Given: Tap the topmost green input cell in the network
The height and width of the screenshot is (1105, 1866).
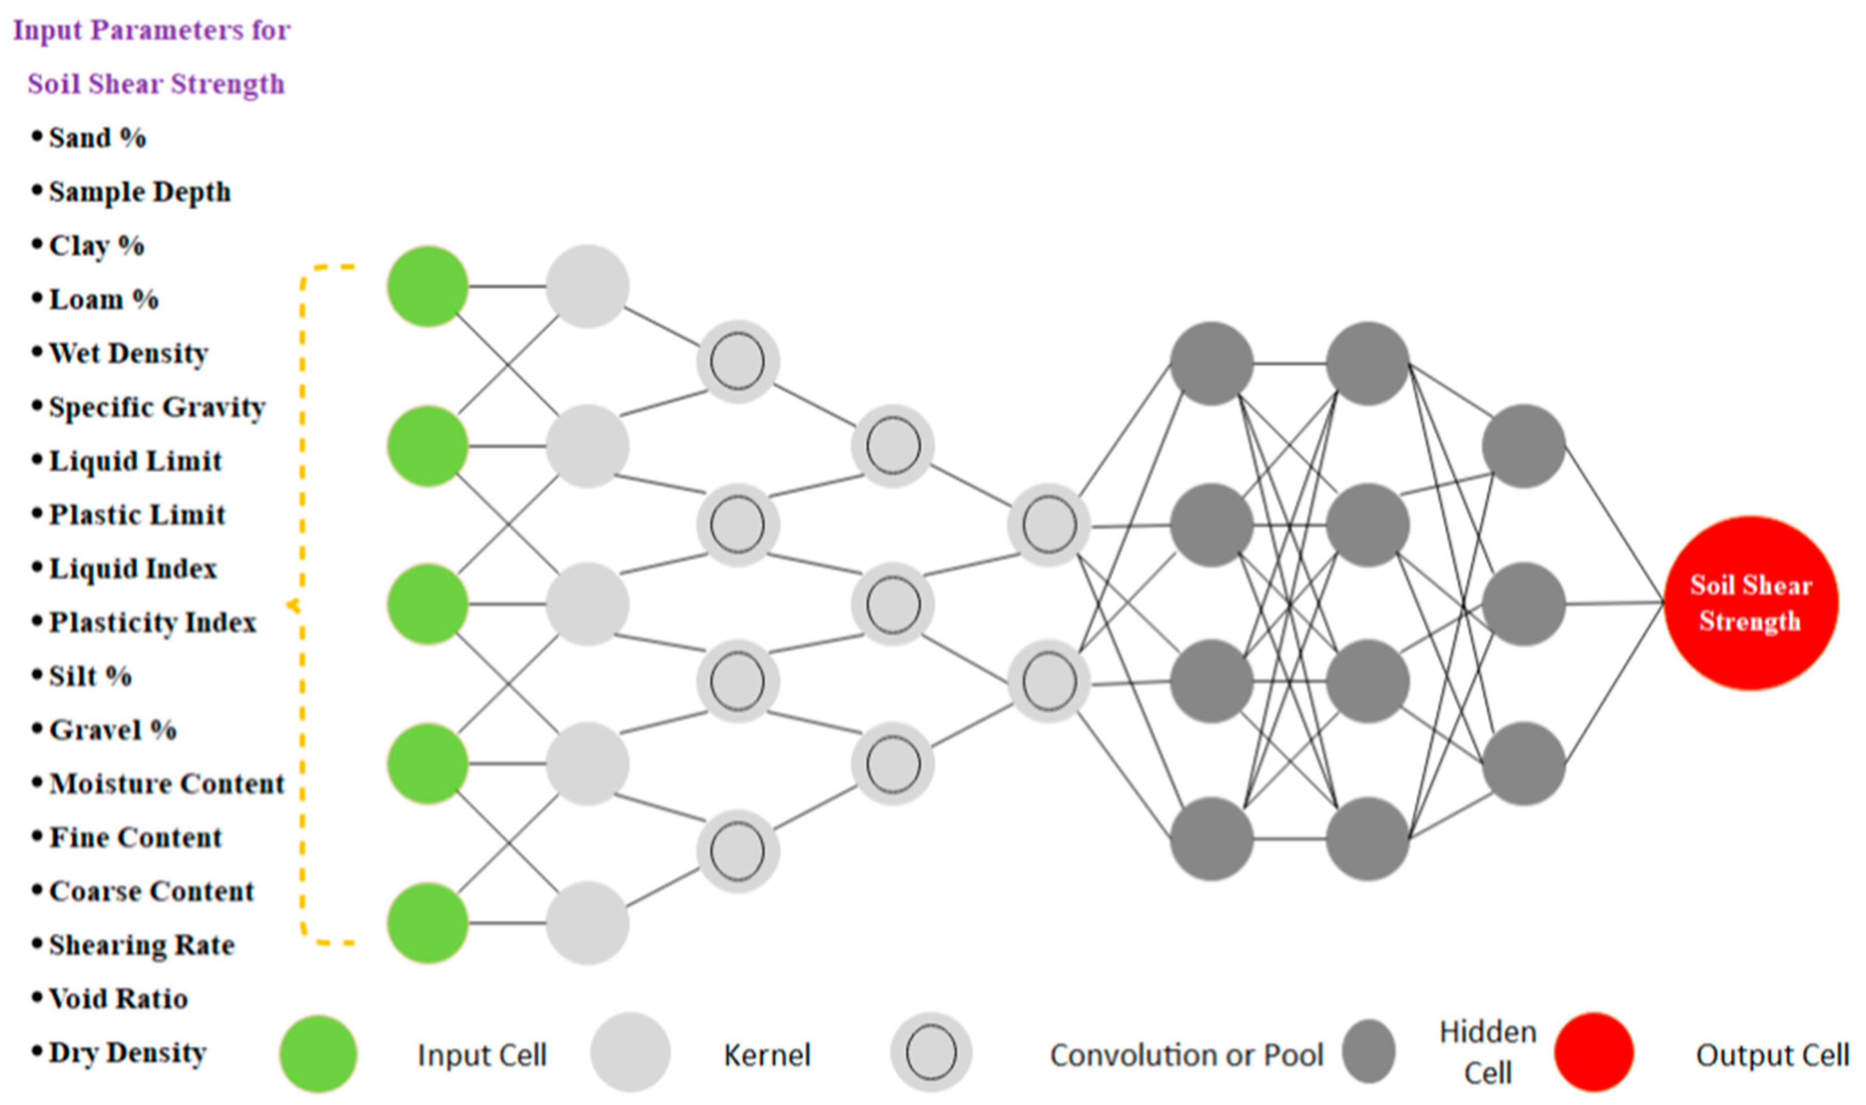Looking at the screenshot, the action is (x=428, y=286).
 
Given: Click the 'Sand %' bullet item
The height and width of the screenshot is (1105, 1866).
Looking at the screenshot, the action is (x=97, y=138).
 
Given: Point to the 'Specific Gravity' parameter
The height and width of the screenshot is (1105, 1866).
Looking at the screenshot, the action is (x=156, y=407).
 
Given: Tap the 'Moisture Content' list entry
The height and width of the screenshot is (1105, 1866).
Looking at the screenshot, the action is (x=167, y=784).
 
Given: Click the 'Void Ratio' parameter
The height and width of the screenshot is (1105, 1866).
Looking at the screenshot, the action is (x=118, y=999).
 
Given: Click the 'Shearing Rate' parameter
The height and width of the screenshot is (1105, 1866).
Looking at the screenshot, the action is (x=141, y=946).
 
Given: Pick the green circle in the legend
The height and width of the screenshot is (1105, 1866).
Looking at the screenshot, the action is (x=318, y=1054).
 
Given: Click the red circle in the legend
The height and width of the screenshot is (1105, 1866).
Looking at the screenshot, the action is (x=1593, y=1052).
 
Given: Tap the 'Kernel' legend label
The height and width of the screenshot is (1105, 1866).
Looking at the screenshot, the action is (x=767, y=1055).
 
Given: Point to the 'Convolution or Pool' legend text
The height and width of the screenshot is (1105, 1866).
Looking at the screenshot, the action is (x=1186, y=1055).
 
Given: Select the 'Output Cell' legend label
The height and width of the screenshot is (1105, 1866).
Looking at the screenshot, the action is (x=1772, y=1055).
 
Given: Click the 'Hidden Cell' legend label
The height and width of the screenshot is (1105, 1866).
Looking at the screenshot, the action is (x=1488, y=1052).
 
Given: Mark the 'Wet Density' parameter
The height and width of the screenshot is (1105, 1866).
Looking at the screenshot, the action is (x=128, y=354).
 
